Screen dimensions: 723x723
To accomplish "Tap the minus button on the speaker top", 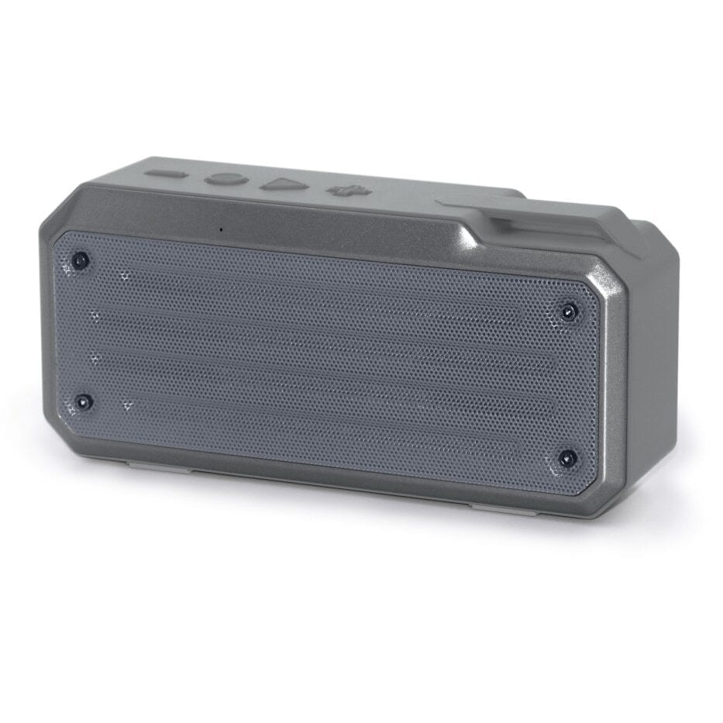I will click(x=166, y=174).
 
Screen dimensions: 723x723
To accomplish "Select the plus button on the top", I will click(x=342, y=190).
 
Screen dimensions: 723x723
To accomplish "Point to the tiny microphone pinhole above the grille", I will click(x=221, y=229).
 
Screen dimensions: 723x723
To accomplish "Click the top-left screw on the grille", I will click(x=79, y=260).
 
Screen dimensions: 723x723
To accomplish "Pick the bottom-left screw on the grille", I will click(x=83, y=402).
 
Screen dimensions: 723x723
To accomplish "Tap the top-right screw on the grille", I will click(x=569, y=312).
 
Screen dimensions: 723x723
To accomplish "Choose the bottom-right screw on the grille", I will click(x=568, y=458).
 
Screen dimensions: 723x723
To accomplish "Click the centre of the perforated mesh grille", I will click(x=325, y=360).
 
